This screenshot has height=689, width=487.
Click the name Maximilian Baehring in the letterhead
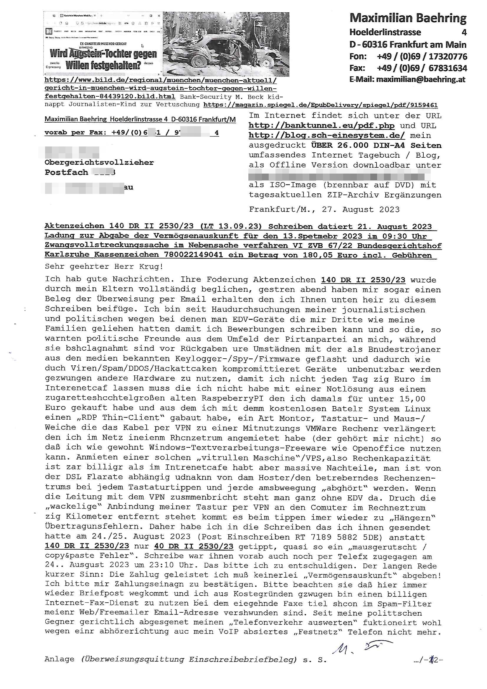[408, 19]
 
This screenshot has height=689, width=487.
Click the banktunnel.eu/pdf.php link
[321, 126]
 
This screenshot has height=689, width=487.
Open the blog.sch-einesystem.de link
[326, 136]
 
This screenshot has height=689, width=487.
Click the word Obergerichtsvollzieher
[99, 163]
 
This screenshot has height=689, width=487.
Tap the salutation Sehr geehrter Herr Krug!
[104, 266]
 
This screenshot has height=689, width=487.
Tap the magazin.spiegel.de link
[320, 105]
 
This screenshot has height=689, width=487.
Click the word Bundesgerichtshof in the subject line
[399, 245]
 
